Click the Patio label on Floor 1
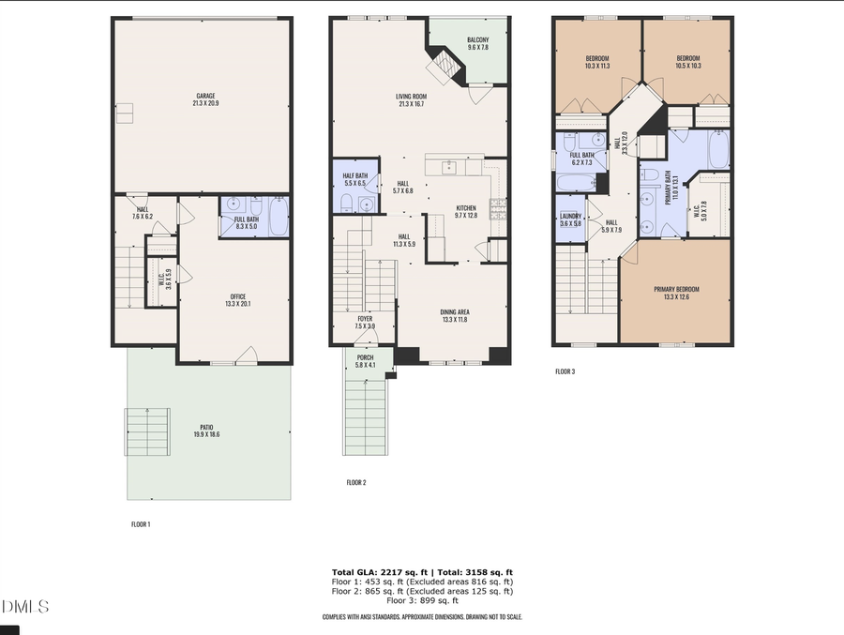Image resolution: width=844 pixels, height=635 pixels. [x=206, y=431]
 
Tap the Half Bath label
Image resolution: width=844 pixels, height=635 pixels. [x=354, y=179]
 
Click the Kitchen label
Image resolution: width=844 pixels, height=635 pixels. [x=466, y=211]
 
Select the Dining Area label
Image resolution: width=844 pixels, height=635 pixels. [x=454, y=316]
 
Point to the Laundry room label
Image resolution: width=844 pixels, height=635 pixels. [x=570, y=219]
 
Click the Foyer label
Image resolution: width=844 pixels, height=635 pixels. [x=365, y=322]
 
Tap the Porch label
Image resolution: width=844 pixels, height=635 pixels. [x=365, y=361]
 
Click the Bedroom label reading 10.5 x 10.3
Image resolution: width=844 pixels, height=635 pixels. [x=688, y=63]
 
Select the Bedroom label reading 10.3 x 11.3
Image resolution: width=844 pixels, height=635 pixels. [x=597, y=63]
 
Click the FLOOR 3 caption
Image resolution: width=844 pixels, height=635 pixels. [x=565, y=371]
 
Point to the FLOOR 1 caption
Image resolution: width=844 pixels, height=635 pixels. [x=140, y=524]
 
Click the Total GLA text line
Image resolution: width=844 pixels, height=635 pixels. [x=422, y=572]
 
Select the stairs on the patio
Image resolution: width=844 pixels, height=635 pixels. [x=147, y=431]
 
